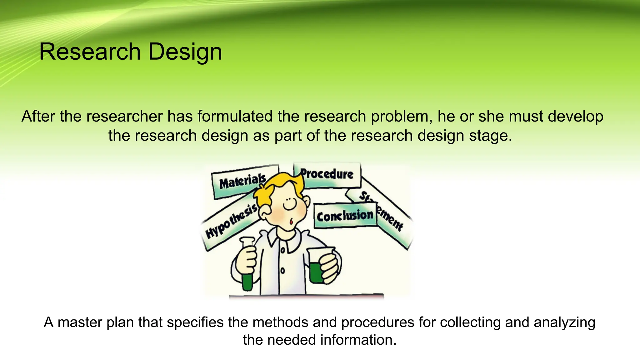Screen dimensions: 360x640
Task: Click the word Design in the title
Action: tap(185, 52)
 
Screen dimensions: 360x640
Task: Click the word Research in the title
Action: tap(90, 52)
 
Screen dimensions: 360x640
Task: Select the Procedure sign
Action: tap(327, 174)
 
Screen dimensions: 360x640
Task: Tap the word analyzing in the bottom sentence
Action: tap(564, 323)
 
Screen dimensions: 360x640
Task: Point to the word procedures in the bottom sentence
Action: tap(377, 323)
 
